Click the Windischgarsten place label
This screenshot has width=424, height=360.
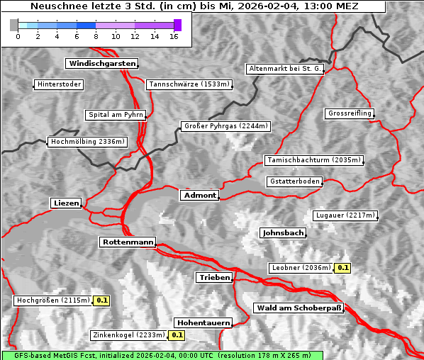tap(101, 64)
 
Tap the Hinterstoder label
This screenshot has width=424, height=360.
tap(60, 85)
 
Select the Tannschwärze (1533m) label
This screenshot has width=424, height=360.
tap(189, 85)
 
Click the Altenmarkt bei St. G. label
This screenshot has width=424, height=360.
tap(285, 69)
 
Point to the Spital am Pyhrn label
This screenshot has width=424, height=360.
tap(116, 115)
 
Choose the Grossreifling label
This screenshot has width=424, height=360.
tap(350, 113)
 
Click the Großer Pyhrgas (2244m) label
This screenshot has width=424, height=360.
tap(225, 126)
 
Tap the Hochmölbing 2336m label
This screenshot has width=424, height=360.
tap(87, 142)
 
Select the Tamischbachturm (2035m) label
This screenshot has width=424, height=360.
tap(313, 160)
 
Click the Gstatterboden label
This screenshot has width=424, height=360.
tap(294, 181)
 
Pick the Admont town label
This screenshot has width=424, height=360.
tap(200, 195)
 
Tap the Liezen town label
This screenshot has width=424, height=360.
tap(67, 203)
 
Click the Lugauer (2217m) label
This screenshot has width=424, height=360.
tap(345, 215)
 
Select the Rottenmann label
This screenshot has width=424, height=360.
tap(128, 242)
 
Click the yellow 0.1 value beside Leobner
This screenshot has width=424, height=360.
tap(342, 268)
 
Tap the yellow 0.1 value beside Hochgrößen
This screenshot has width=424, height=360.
tap(102, 300)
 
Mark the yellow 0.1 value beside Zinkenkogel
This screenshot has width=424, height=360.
tap(177, 335)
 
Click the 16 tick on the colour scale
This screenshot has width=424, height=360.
tap(174, 36)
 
